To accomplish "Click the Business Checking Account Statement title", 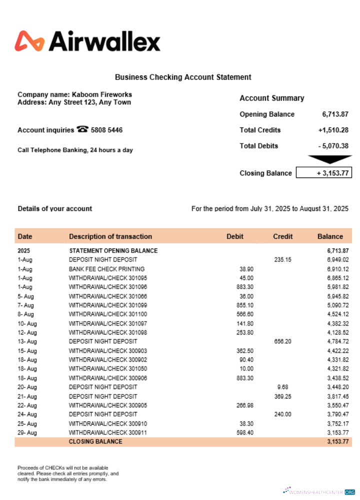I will click(x=183, y=77).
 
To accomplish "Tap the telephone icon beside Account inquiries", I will click(x=82, y=129).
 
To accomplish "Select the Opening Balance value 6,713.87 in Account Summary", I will click(x=335, y=114).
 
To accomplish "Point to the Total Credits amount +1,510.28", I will click(x=333, y=130).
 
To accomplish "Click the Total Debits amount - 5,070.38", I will click(x=333, y=146).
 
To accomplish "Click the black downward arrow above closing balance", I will click(x=329, y=159).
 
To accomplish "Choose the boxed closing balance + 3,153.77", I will click(x=324, y=173).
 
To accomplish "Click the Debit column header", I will click(x=235, y=236).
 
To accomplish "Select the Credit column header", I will click(x=283, y=236).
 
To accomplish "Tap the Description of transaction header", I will click(x=110, y=236).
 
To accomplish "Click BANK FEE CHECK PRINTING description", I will click(x=106, y=269).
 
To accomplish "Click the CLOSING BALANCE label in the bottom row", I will click(x=95, y=442).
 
